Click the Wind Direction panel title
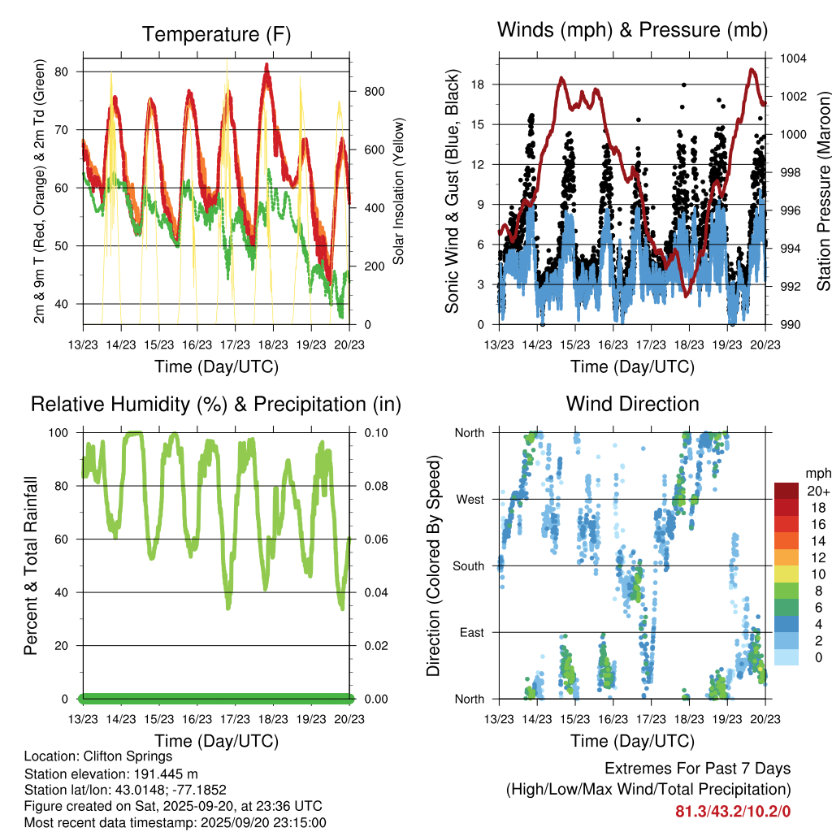632,403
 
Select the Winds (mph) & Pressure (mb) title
632,30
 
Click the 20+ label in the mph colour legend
817,491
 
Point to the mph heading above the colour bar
817,473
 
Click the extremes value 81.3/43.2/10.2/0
733,811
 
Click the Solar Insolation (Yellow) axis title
399,192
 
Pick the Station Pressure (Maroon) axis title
824,192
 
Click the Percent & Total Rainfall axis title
32,565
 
